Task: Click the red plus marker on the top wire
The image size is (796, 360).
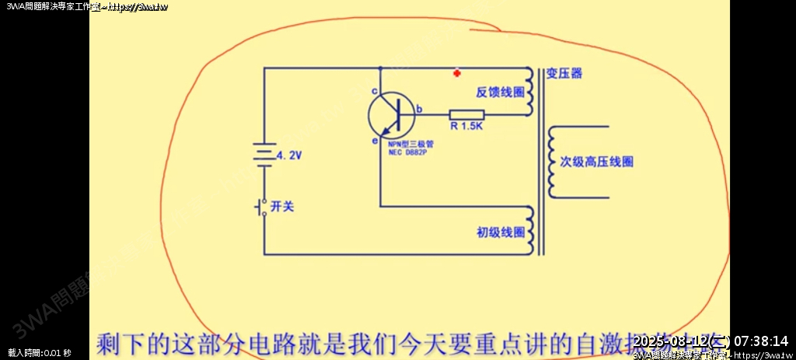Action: [x=457, y=74]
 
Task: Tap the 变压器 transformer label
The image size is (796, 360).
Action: [x=564, y=74]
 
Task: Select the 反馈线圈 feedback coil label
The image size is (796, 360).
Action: [x=499, y=92]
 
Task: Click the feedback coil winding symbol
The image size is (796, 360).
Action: [x=531, y=92]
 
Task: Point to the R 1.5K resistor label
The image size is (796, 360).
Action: [x=466, y=125]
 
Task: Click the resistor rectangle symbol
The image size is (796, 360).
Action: [x=466, y=115]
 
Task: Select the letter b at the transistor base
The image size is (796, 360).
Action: [x=419, y=110]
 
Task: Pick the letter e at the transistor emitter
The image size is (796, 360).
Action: [x=374, y=141]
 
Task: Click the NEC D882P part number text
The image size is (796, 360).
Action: [x=407, y=152]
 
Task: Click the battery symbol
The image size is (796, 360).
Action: [x=264, y=154]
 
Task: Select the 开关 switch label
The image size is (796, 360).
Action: [x=281, y=207]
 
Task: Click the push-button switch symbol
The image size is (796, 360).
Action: [x=262, y=207]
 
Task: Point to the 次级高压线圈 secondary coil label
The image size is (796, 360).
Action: [x=597, y=162]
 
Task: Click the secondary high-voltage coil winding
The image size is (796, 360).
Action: [x=553, y=162]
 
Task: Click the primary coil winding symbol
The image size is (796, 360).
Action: [x=531, y=230]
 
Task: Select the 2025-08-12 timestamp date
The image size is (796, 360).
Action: [x=671, y=341]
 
